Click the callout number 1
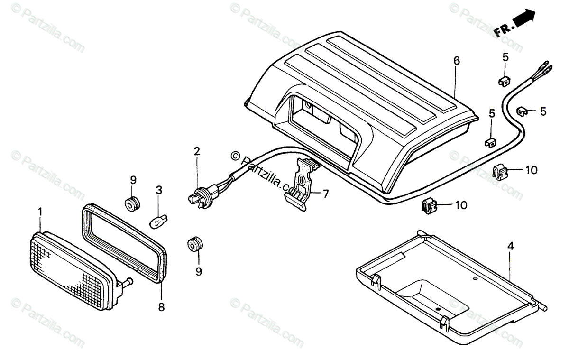[x=40, y=210]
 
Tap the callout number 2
[x=197, y=152]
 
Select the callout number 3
[x=159, y=190]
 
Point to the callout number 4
[x=510, y=246]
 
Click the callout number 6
[x=457, y=61]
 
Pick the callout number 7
[x=326, y=194]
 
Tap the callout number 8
[x=161, y=307]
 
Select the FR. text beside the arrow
[x=502, y=31]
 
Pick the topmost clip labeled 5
[x=504, y=81]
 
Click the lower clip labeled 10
[x=429, y=206]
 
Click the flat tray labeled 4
[x=450, y=289]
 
